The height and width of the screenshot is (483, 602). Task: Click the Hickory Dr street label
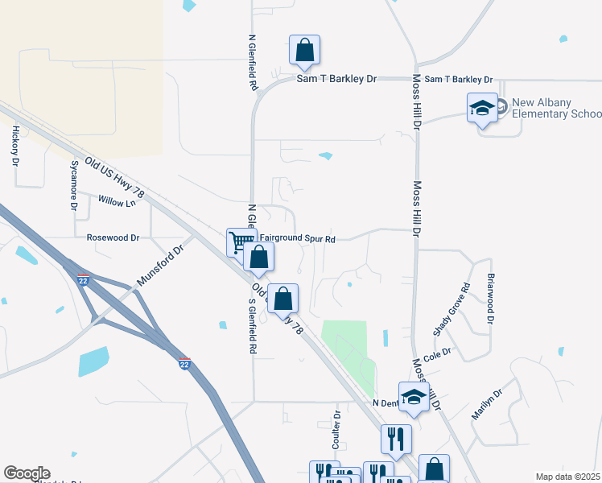click(x=15, y=146)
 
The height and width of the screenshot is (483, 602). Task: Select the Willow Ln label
click(x=117, y=201)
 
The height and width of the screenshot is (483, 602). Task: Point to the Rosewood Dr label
click(x=113, y=238)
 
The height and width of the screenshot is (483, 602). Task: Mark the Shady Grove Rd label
click(x=451, y=309)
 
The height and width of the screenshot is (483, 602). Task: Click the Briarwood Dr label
click(x=489, y=299)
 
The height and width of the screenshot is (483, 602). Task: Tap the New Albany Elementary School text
click(x=551, y=109)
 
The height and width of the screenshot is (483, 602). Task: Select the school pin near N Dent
click(x=414, y=397)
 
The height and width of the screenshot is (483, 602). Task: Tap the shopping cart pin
click(x=240, y=241)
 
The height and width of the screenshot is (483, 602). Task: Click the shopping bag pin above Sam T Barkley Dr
click(x=305, y=50)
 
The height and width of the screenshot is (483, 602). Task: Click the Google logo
click(x=26, y=473)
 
